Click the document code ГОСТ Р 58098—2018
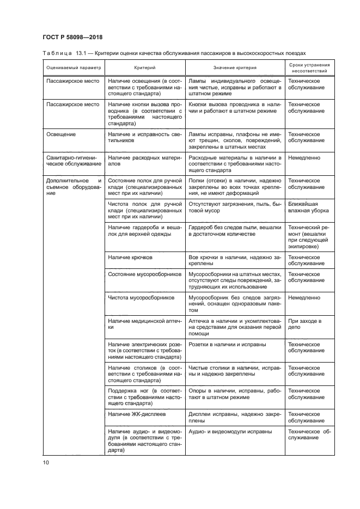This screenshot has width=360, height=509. pos(73,37)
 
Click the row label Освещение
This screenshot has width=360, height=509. pos(62,133)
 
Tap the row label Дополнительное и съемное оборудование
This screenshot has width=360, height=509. pos(74,187)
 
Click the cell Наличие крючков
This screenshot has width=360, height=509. pos(131,257)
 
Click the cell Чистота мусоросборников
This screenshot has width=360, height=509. pos(141,298)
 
